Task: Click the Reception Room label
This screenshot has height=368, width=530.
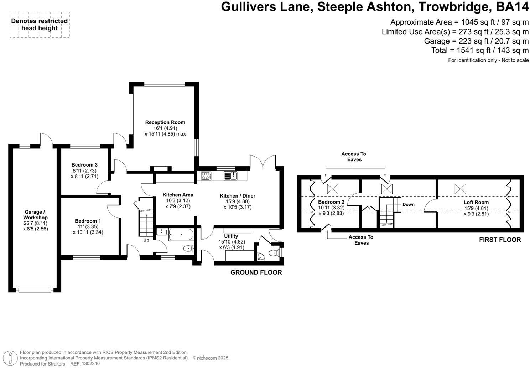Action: (165, 122)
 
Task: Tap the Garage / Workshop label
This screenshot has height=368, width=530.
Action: (35, 215)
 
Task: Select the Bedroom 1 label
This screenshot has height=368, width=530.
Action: (88, 221)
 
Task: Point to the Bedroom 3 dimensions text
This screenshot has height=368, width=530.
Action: (84, 173)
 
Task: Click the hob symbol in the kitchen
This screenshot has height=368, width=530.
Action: (206, 176)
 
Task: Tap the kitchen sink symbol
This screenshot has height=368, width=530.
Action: (230, 175)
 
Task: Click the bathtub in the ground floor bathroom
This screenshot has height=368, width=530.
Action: (181, 235)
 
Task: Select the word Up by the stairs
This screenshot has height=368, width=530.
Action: (146, 240)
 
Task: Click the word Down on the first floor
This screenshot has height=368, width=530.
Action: (408, 204)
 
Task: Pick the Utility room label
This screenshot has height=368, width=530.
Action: (231, 236)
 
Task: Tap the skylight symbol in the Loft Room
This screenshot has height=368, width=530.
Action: (460, 188)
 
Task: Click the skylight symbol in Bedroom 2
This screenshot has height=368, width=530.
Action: (333, 188)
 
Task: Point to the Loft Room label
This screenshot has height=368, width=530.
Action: (476, 202)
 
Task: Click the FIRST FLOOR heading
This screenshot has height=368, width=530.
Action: (500, 240)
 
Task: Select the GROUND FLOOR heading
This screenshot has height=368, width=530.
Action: (256, 272)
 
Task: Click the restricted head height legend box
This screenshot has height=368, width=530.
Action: (40, 25)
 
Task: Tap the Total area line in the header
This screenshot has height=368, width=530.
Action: (480, 50)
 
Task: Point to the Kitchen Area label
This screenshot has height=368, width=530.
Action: (178, 195)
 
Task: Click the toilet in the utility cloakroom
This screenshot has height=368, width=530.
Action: (273, 253)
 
